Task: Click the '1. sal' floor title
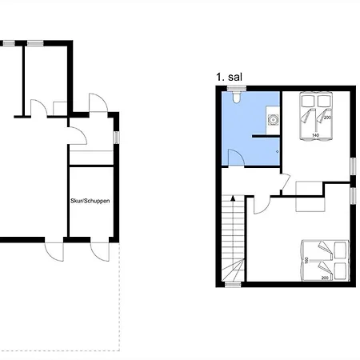(x=229, y=77)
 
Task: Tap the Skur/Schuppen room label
(x=90, y=201)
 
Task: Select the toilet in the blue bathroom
(x=237, y=97)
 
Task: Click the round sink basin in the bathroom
(x=273, y=119)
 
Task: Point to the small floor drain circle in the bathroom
(x=278, y=152)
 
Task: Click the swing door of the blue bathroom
(x=236, y=158)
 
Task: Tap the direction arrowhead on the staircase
(x=233, y=198)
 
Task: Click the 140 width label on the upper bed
(x=315, y=135)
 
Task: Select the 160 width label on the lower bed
(x=306, y=260)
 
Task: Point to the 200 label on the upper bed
(x=327, y=118)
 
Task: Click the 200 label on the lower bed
(x=325, y=278)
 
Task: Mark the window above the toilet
(x=237, y=88)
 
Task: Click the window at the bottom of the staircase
(x=233, y=285)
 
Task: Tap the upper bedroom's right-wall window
(x=353, y=166)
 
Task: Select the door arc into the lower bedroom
(x=262, y=206)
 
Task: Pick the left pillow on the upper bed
(x=308, y=100)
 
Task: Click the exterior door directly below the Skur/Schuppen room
(x=100, y=251)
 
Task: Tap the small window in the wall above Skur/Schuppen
(x=117, y=138)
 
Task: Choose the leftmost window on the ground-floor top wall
(x=9, y=43)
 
